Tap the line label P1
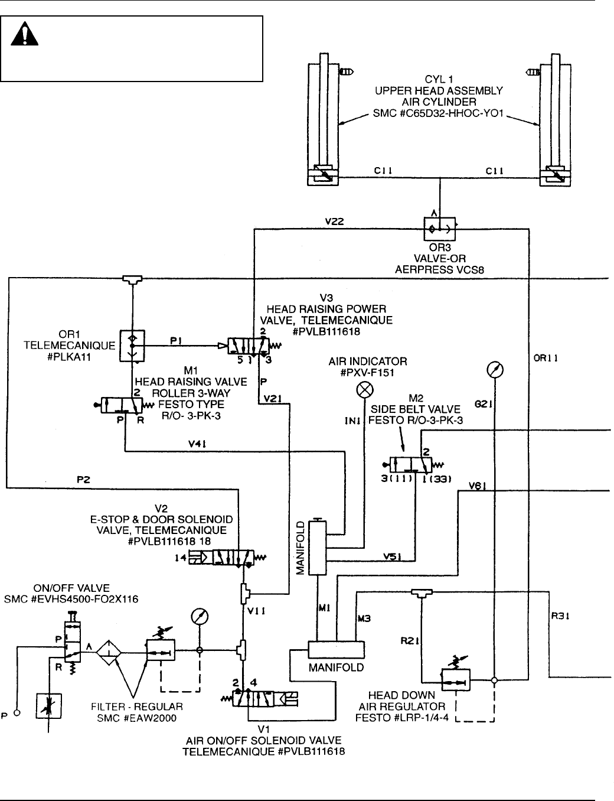177,340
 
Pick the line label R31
560,616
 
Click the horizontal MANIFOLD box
335,649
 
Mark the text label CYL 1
439,79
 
